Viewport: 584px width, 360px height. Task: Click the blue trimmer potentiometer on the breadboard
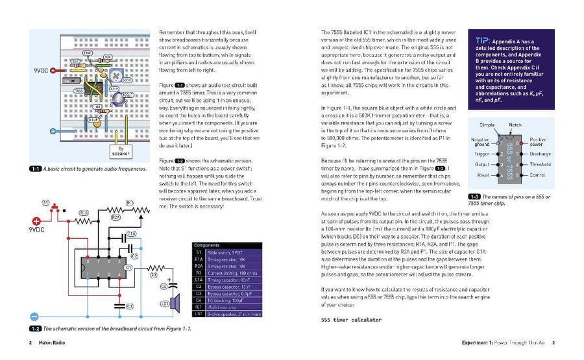click(117, 77)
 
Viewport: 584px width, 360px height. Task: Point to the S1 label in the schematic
click(45, 202)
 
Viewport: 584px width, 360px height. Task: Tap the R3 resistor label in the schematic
click(154, 274)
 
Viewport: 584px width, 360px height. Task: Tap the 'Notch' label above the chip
click(515, 124)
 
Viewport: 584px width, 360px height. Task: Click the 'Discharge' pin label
click(540, 154)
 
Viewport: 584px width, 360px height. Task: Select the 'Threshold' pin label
click(540, 164)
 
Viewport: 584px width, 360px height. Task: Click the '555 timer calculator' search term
click(351, 319)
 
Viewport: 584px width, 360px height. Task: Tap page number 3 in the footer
click(552, 342)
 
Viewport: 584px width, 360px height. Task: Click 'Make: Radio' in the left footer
click(51, 342)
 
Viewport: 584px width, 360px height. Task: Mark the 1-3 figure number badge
click(473, 197)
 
